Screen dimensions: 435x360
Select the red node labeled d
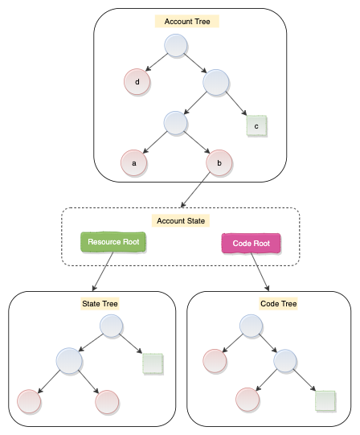(x=137, y=81)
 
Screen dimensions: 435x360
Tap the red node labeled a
(x=133, y=163)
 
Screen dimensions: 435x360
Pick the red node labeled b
(x=219, y=163)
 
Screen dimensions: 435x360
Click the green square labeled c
(x=256, y=126)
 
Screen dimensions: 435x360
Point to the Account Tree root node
(x=177, y=46)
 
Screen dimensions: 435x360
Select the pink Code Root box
(x=251, y=243)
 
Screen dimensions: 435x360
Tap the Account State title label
(x=180, y=220)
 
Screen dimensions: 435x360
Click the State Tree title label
(x=100, y=304)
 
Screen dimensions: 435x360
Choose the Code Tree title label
(x=278, y=304)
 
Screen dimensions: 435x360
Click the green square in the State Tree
(x=153, y=363)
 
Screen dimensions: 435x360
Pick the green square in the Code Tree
(x=325, y=400)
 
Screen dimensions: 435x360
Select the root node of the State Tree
(x=112, y=326)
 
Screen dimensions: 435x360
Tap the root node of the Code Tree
(x=252, y=326)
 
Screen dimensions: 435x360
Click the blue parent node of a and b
(x=175, y=122)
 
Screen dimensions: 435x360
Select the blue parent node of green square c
(x=216, y=81)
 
